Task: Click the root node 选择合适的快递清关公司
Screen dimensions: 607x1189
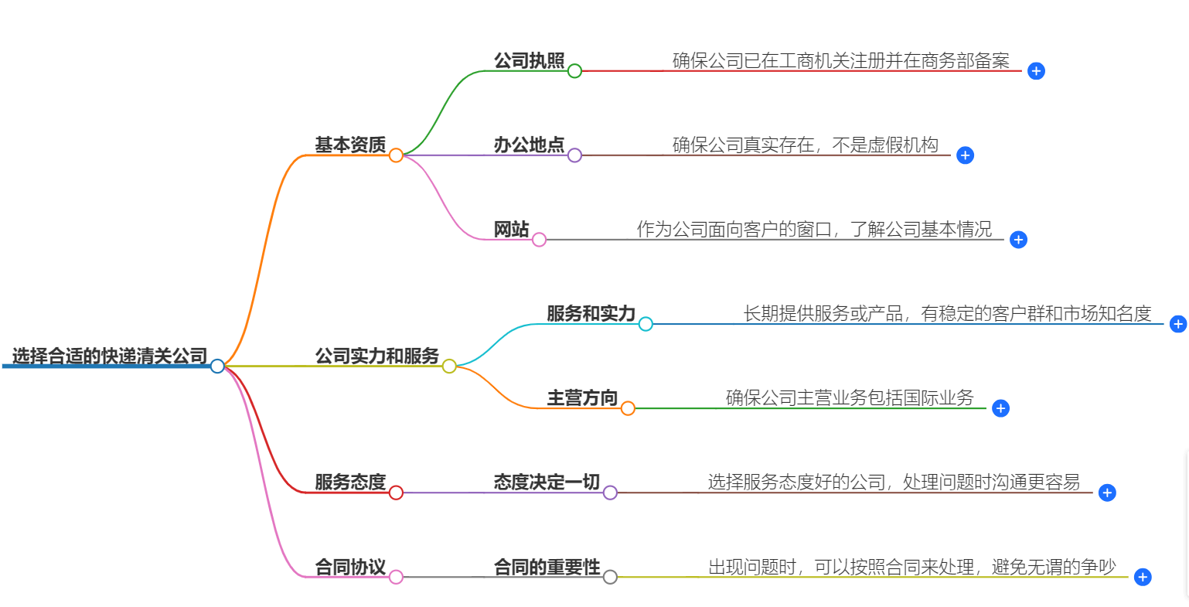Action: (110, 356)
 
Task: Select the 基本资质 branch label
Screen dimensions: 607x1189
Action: (350, 145)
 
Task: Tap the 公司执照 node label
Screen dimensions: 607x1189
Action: (530, 60)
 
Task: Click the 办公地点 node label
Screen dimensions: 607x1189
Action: (530, 145)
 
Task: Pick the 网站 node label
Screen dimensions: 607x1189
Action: (512, 229)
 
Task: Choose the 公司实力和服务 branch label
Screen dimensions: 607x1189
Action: (376, 356)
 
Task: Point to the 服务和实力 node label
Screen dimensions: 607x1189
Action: (591, 313)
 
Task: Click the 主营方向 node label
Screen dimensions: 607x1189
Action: (582, 397)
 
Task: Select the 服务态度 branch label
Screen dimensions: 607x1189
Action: (350, 482)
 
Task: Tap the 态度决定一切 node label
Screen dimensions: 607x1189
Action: (547, 482)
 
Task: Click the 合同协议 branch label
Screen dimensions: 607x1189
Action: (350, 567)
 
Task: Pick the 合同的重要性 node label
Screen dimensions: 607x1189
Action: (547, 567)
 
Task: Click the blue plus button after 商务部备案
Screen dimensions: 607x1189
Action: (1037, 71)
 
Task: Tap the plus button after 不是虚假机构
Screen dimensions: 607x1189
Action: (965, 155)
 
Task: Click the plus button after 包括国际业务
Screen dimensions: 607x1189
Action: (1001, 408)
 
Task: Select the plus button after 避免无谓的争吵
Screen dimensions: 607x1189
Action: (1143, 577)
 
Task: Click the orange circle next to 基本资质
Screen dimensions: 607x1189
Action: (396, 155)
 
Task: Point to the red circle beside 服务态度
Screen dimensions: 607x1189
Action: (396, 493)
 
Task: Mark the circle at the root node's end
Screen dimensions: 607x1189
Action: (217, 366)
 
